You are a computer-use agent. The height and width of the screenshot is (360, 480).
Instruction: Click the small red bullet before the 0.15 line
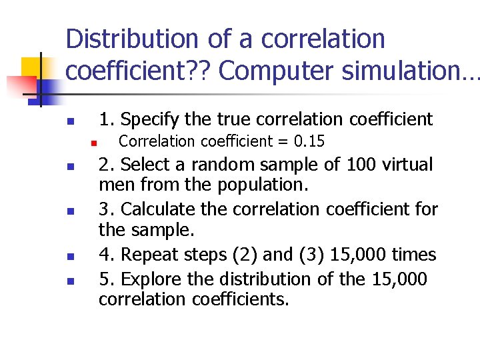coord(95,143)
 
